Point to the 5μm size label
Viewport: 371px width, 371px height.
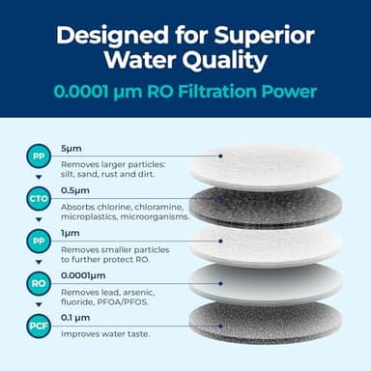(71, 150)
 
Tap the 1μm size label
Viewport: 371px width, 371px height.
(71, 233)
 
